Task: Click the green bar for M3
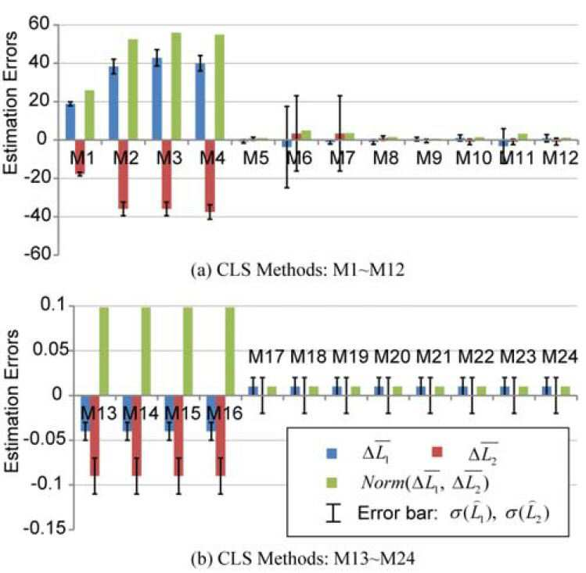pyautogui.click(x=176, y=86)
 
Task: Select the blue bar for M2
pyautogui.click(x=113, y=103)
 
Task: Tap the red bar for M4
pyautogui.click(x=210, y=176)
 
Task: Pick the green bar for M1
pyautogui.click(x=90, y=116)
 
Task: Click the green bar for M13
pyautogui.click(x=103, y=351)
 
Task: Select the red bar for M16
pyautogui.click(x=221, y=435)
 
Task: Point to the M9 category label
pyautogui.click(x=429, y=158)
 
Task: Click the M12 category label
pyautogui.click(x=560, y=158)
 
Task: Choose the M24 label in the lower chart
pyautogui.click(x=559, y=356)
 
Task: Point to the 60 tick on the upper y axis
pyautogui.click(x=38, y=25)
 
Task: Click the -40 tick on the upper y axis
pyautogui.click(x=37, y=217)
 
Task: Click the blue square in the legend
pyautogui.click(x=332, y=453)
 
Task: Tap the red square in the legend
pyautogui.click(x=437, y=453)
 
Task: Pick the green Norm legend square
pyautogui.click(x=332, y=482)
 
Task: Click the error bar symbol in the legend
pyautogui.click(x=333, y=513)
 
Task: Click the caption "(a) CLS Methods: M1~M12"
pyautogui.click(x=297, y=270)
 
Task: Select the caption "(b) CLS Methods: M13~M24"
pyautogui.click(x=303, y=559)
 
